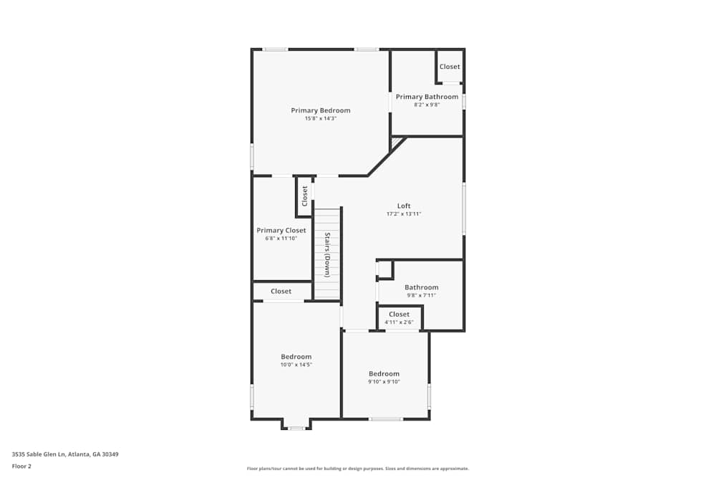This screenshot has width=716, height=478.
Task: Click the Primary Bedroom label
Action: [x=321, y=110]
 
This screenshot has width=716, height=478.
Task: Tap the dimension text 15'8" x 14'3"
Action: [x=321, y=118]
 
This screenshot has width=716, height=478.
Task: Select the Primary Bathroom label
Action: [x=427, y=97]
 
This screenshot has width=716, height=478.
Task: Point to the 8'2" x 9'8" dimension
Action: [x=427, y=105]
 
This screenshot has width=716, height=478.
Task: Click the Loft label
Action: [x=404, y=206]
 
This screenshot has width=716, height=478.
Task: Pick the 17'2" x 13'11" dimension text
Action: [x=404, y=214]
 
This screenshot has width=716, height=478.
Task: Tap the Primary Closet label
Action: [x=281, y=230]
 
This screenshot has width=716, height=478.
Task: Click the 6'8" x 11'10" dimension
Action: [x=281, y=239]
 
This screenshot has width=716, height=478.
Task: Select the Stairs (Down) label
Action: [x=327, y=255]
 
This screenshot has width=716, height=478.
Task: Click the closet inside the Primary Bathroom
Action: [x=450, y=66]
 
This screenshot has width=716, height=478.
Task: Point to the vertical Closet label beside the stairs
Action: [x=304, y=196]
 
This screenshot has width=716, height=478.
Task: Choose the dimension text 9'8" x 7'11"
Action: [x=422, y=295]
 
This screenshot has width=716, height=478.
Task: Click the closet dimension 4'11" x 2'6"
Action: [x=399, y=322]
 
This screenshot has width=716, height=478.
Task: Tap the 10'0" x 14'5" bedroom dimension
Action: [x=296, y=365]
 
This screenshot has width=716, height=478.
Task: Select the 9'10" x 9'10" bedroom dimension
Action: [x=384, y=381]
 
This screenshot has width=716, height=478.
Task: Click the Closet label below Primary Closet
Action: [x=281, y=291]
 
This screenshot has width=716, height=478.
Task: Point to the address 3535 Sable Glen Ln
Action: [x=39, y=454]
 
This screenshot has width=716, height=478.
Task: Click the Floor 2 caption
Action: [x=21, y=466]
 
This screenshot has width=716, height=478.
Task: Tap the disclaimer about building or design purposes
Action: [x=358, y=469]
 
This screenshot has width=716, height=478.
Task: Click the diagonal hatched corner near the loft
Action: [x=397, y=142]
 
